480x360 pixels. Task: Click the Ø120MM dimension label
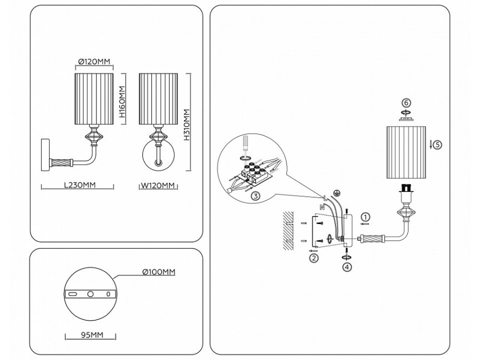click(x=94, y=61)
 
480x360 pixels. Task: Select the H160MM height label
click(x=122, y=102)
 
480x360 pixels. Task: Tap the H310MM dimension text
click(x=187, y=125)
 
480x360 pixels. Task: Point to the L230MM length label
click(x=80, y=185)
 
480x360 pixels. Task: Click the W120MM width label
click(x=158, y=186)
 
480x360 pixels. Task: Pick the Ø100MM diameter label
click(x=159, y=272)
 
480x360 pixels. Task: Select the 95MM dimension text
click(x=92, y=335)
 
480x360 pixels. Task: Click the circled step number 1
click(x=365, y=218)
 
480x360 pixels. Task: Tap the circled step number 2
click(x=314, y=258)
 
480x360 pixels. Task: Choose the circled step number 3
click(x=255, y=196)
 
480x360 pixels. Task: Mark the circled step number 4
click(x=347, y=267)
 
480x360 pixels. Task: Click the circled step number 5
click(x=438, y=144)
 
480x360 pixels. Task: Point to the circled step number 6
click(x=406, y=103)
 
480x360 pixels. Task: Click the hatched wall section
click(x=288, y=231)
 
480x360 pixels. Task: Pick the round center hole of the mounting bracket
click(x=90, y=294)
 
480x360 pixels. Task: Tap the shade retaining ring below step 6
click(x=406, y=117)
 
